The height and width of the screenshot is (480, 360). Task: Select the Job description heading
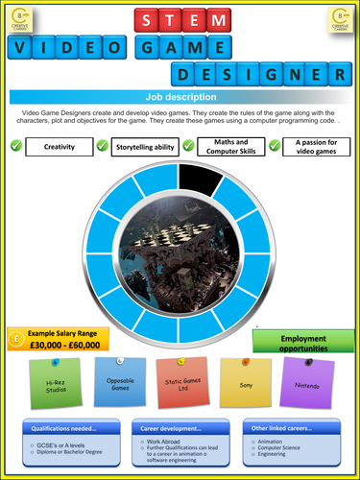(x=180, y=96)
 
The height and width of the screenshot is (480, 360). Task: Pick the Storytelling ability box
(x=145, y=146)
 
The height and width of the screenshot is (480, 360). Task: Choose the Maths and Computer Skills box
(x=231, y=146)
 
